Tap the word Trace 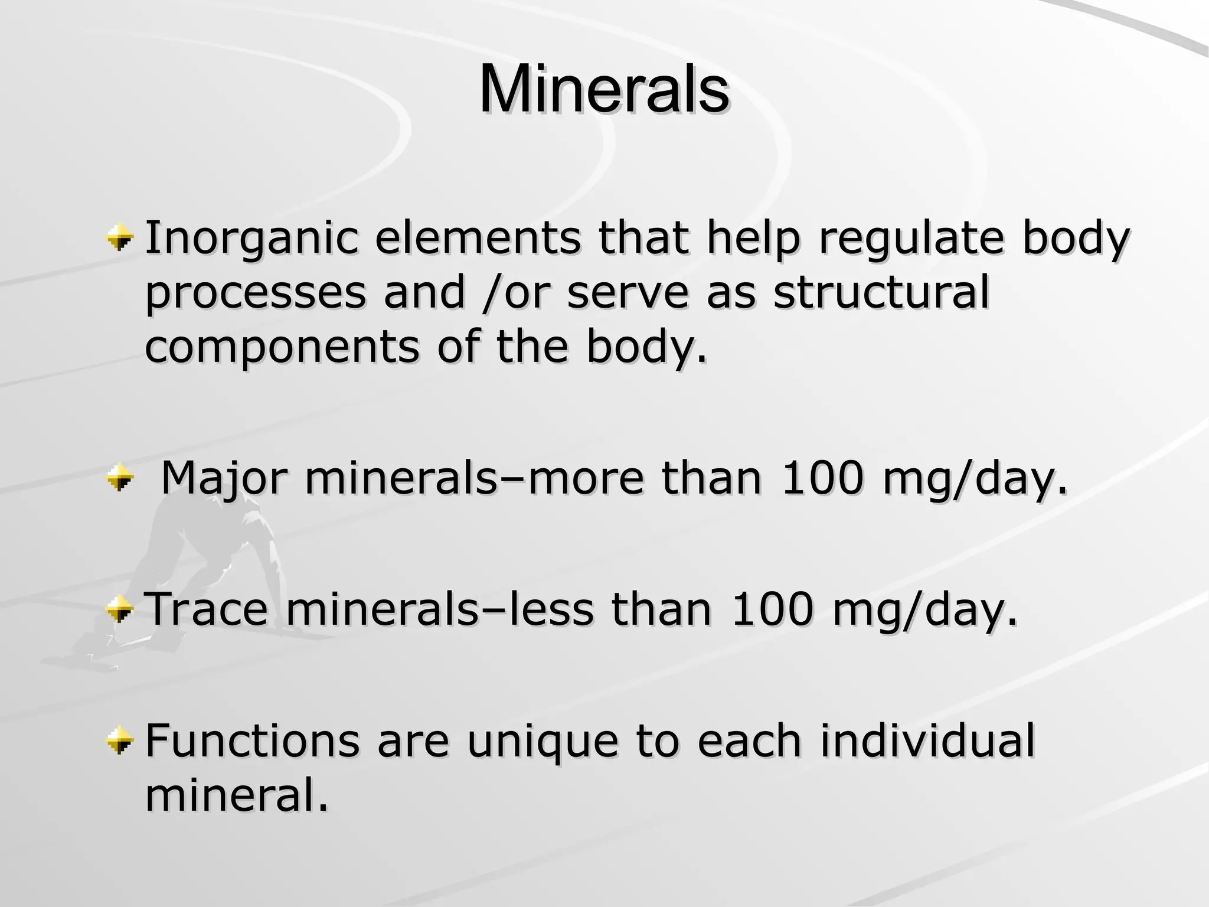coord(206,609)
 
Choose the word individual coord(927,740)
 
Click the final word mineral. coord(236,795)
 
